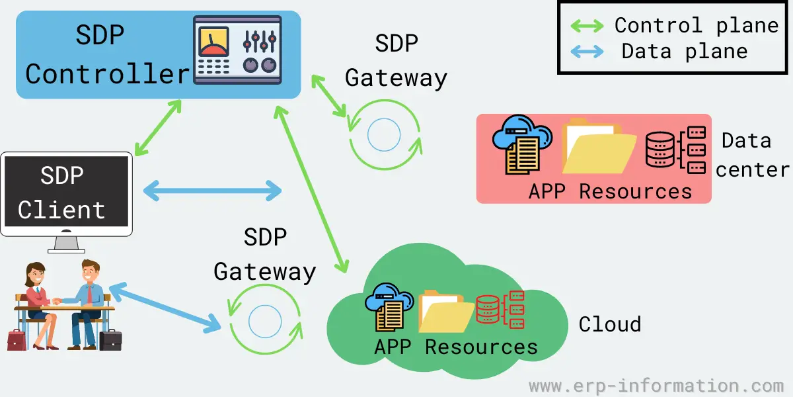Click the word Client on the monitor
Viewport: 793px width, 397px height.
(61, 210)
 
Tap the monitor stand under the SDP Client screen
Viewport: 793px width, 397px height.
(66, 243)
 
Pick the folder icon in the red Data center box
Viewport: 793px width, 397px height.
(598, 147)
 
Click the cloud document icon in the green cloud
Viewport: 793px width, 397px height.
(390, 306)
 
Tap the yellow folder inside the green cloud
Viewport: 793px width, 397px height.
(445, 311)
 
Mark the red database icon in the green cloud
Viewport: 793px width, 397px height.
(500, 309)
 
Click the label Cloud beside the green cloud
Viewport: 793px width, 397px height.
(609, 324)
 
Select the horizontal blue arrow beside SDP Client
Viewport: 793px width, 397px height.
(213, 191)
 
